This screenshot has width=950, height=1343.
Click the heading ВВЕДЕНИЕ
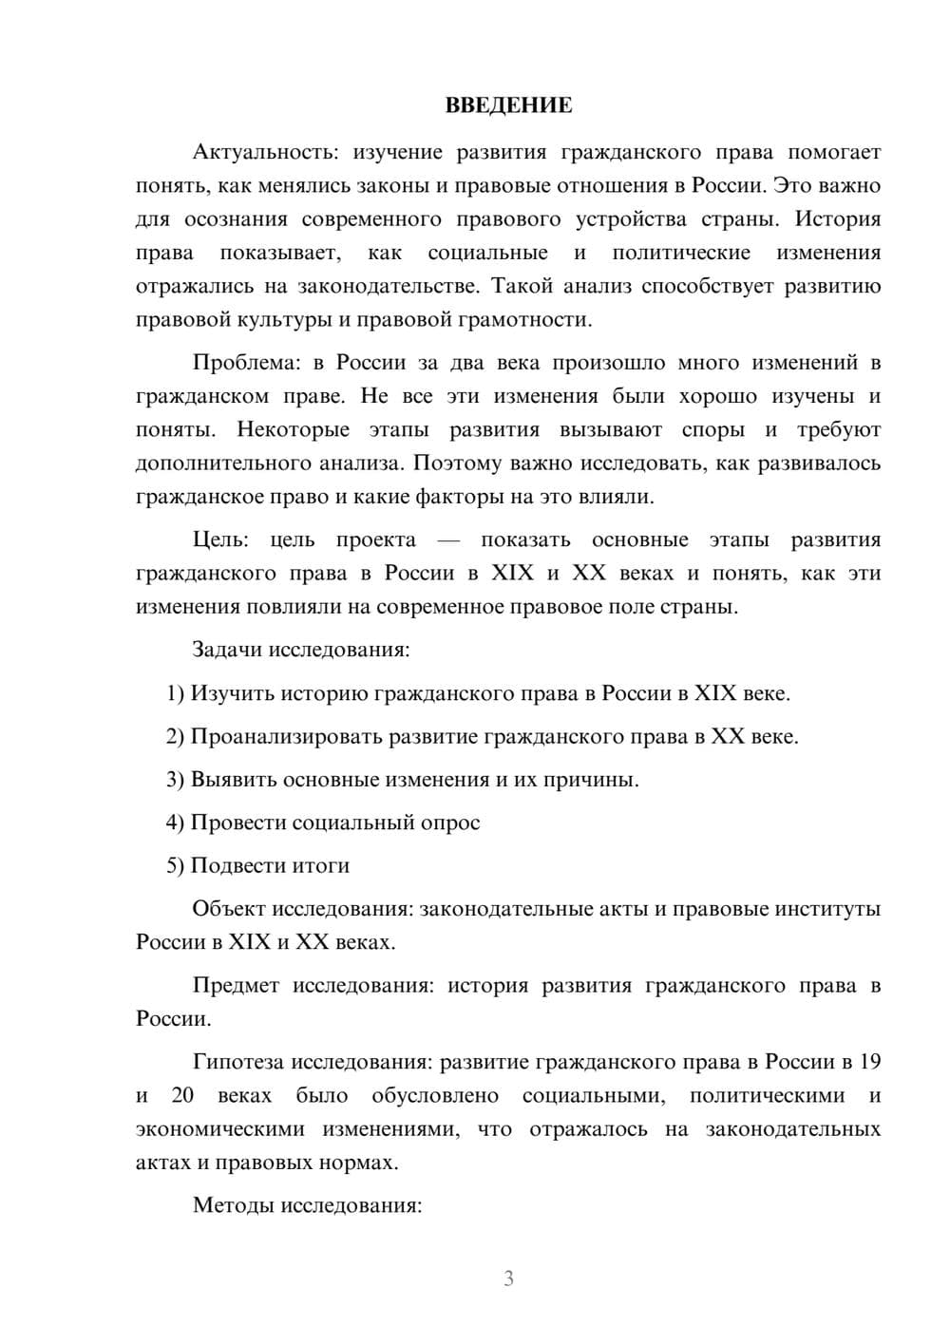pos(508,105)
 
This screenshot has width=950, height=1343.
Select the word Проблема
pos(246,363)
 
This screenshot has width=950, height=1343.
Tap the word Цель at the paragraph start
pos(220,539)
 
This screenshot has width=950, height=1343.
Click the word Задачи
pos(227,650)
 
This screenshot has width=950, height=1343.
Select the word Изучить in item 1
pos(229,693)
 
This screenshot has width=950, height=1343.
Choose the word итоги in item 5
pos(321,865)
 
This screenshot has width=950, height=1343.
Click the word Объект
pos(229,909)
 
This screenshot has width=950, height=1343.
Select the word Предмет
pos(236,985)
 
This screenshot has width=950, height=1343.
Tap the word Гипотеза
pos(237,1062)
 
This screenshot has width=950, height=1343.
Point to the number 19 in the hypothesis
pos(869,1062)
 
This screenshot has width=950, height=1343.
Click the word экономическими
pos(220,1129)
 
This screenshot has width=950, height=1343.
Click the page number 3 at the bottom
pos(508,1278)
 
